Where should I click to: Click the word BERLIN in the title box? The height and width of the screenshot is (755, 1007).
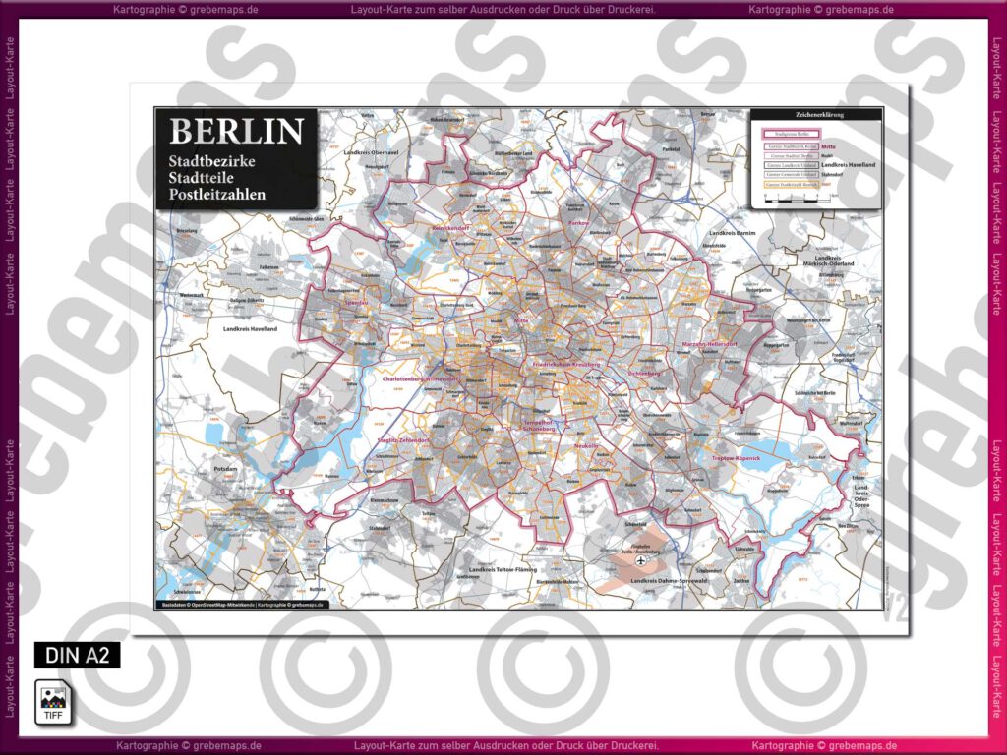tap(236, 132)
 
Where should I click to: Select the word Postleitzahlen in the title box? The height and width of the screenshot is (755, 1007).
tap(217, 195)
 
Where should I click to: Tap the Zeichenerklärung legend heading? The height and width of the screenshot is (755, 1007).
tap(815, 115)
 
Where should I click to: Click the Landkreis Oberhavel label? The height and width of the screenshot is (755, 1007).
tap(371, 153)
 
